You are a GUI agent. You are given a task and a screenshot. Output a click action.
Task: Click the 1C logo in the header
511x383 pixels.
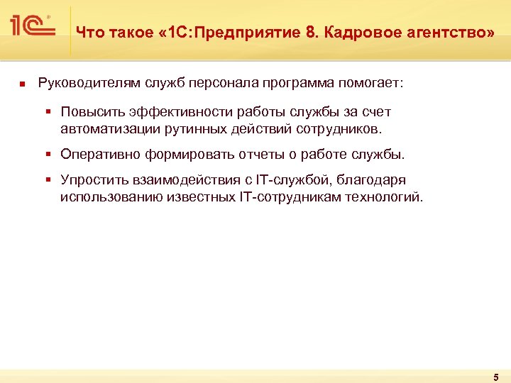[33, 27]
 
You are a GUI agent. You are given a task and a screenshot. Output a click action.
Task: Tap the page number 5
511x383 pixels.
[495, 377]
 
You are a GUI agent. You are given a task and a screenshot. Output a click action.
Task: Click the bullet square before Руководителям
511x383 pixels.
[22, 84]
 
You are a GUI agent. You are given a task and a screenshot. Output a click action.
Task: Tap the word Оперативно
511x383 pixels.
[100, 155]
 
